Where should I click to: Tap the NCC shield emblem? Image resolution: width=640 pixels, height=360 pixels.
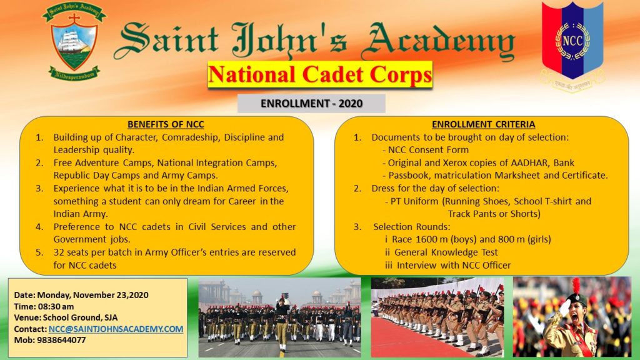[x=572, y=41]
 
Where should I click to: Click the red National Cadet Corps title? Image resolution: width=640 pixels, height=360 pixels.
[x=320, y=74]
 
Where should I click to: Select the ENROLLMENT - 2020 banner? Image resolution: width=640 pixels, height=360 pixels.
[x=311, y=103]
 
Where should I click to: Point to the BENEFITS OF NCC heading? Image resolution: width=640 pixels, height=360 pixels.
[x=166, y=124]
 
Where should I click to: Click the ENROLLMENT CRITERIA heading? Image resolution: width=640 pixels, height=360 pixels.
[x=484, y=124]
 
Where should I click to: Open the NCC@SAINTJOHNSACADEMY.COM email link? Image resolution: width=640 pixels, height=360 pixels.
[x=116, y=329]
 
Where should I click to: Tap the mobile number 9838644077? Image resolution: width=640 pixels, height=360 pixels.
[x=61, y=340]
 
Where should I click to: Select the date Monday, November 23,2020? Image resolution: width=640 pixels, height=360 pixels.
[x=92, y=295]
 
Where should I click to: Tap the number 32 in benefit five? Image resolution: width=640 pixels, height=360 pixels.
[x=58, y=252]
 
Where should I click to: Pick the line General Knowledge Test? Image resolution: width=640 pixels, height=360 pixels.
[x=446, y=252]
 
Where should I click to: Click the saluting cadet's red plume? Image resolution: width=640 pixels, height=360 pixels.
[x=576, y=285]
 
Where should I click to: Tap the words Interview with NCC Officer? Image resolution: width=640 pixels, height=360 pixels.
[x=454, y=265]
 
